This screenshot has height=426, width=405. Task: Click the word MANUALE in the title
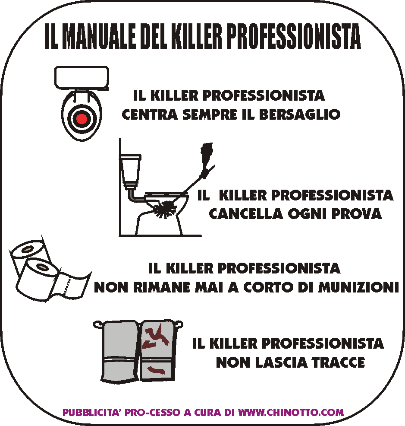click(x=99, y=36)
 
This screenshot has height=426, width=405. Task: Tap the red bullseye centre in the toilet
click(x=82, y=119)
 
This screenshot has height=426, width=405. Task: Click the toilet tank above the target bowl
click(x=82, y=78)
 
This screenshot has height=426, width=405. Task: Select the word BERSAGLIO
click(x=300, y=114)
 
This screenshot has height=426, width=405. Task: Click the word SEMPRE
click(x=210, y=114)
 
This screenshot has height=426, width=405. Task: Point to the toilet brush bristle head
click(x=165, y=209)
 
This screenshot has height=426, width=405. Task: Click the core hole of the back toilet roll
click(x=27, y=249)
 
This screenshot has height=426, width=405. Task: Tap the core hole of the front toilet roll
click(x=42, y=267)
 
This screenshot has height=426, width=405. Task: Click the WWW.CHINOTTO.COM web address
click(x=291, y=412)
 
